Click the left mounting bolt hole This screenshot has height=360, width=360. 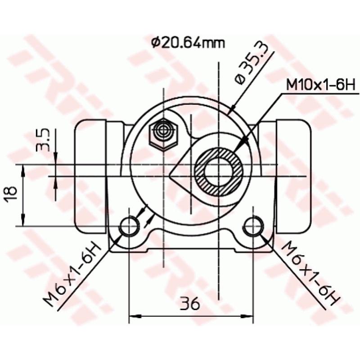tap(130, 226)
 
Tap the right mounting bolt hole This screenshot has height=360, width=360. tap(253, 226)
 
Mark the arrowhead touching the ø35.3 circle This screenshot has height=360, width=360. tap(233, 108)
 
